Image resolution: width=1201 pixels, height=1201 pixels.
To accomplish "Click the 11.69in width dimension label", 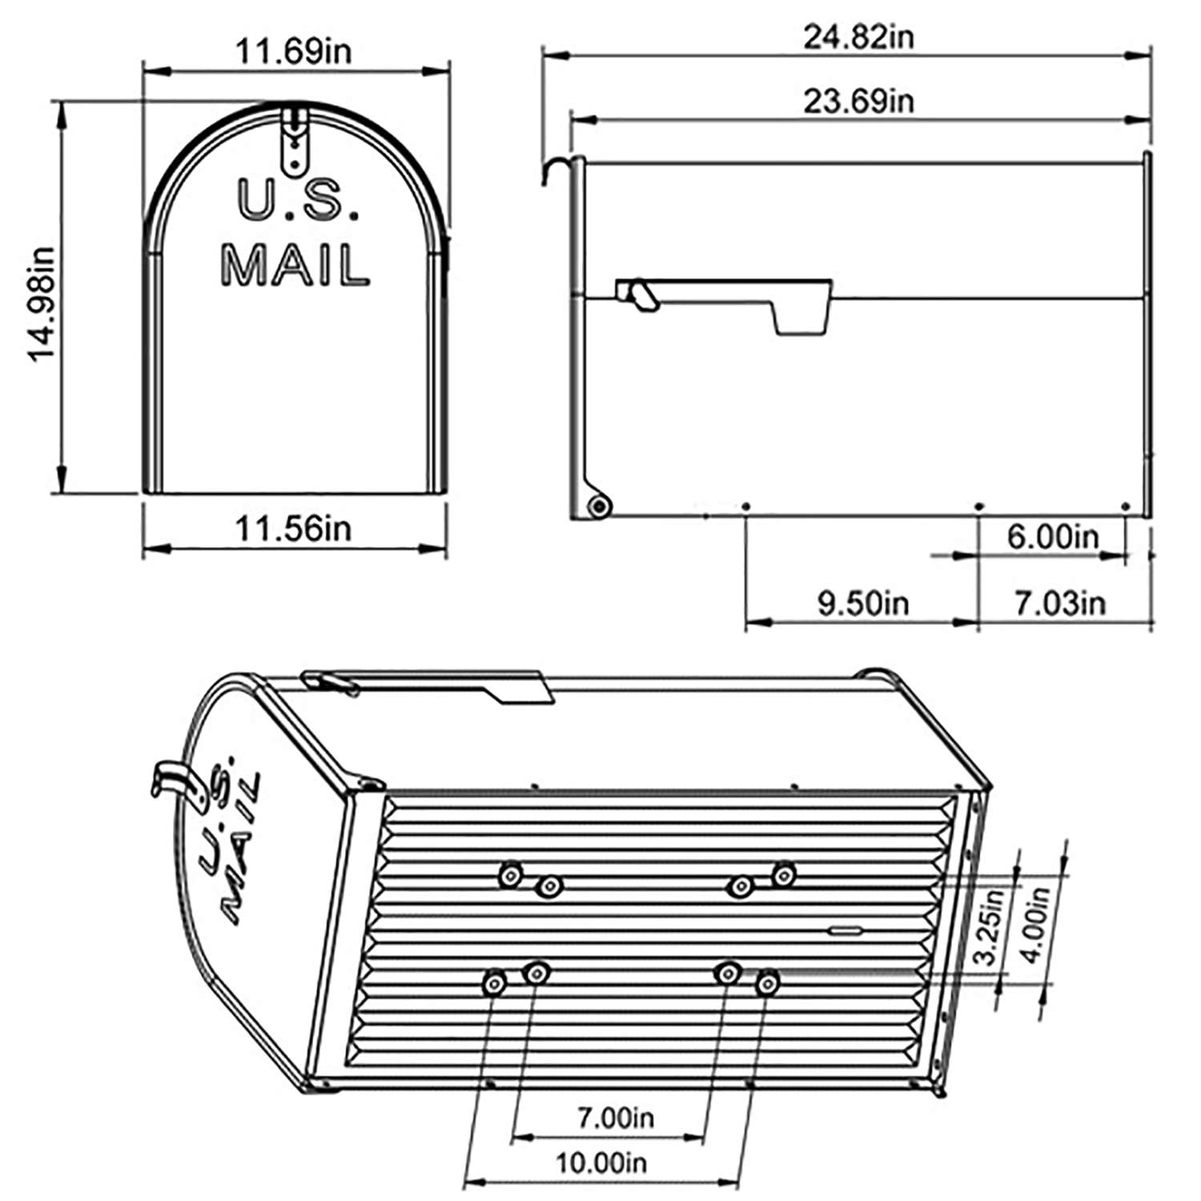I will pyautogui.click(x=293, y=52).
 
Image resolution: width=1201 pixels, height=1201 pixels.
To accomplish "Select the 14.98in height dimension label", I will pyautogui.click(x=41, y=303).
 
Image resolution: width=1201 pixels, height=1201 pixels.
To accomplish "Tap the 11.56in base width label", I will pyautogui.click(x=293, y=529).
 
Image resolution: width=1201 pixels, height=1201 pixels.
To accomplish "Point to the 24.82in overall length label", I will pyautogui.click(x=858, y=37).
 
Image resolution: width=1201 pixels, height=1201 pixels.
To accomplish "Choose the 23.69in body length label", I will pyautogui.click(x=858, y=102).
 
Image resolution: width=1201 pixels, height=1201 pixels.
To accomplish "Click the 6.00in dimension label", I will pyautogui.click(x=1053, y=536).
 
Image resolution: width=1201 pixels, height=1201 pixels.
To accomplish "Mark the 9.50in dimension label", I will pyautogui.click(x=863, y=603).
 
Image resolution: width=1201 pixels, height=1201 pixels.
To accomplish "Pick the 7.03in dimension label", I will pyautogui.click(x=1060, y=603).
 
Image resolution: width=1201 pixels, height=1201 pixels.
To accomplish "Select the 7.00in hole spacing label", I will pyautogui.click(x=616, y=1116).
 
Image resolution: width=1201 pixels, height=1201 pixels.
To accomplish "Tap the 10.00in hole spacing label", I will pyautogui.click(x=601, y=1162).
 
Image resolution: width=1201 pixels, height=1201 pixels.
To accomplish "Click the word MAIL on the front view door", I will pyautogui.click(x=295, y=265).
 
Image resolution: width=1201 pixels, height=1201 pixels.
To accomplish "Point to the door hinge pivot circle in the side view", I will pyautogui.click(x=597, y=506).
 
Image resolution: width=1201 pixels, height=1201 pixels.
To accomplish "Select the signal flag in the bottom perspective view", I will pyautogui.click(x=432, y=685).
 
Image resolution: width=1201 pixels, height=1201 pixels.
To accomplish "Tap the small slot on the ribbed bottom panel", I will pyautogui.click(x=846, y=930).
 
